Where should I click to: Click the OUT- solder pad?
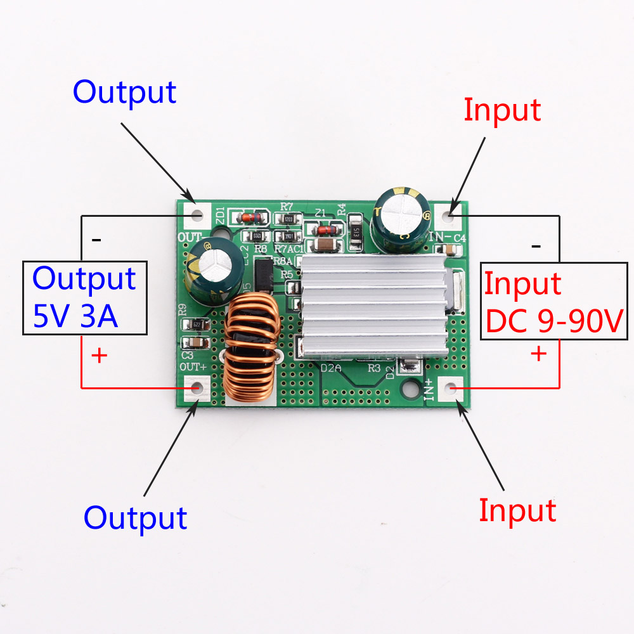coord(197,214)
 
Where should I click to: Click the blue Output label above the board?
coord(124,93)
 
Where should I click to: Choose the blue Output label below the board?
coord(135,518)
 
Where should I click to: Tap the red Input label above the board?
coord(501,110)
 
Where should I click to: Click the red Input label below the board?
coord(517,510)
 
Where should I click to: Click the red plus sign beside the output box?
coord(99,356)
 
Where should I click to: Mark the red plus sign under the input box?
coord(538,353)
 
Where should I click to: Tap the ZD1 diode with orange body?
coord(246,218)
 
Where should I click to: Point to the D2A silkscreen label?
coord(333,368)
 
